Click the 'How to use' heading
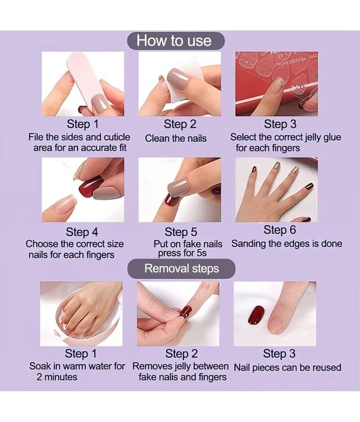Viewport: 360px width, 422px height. pyautogui.click(x=174, y=41)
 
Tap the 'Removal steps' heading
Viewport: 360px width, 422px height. pyautogui.click(x=181, y=268)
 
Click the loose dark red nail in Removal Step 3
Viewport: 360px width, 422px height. pyautogui.click(x=256, y=315)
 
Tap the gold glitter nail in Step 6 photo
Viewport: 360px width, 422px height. pyautogui.click(x=296, y=169)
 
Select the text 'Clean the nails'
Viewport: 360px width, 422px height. pyautogui.click(x=176, y=138)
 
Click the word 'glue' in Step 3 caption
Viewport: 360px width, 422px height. pyautogui.click(x=332, y=137)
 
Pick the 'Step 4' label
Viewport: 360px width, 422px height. pyautogui.click(x=82, y=232)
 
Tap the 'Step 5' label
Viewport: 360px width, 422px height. pyautogui.click(x=181, y=232)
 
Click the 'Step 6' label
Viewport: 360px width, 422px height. pyautogui.click(x=279, y=230)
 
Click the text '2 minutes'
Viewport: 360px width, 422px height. pyautogui.click(x=57, y=377)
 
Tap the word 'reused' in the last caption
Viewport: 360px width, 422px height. pyautogui.click(x=328, y=367)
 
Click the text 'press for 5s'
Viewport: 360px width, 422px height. pyautogui.click(x=182, y=253)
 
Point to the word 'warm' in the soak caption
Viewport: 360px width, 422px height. pyautogui.click(x=74, y=366)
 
